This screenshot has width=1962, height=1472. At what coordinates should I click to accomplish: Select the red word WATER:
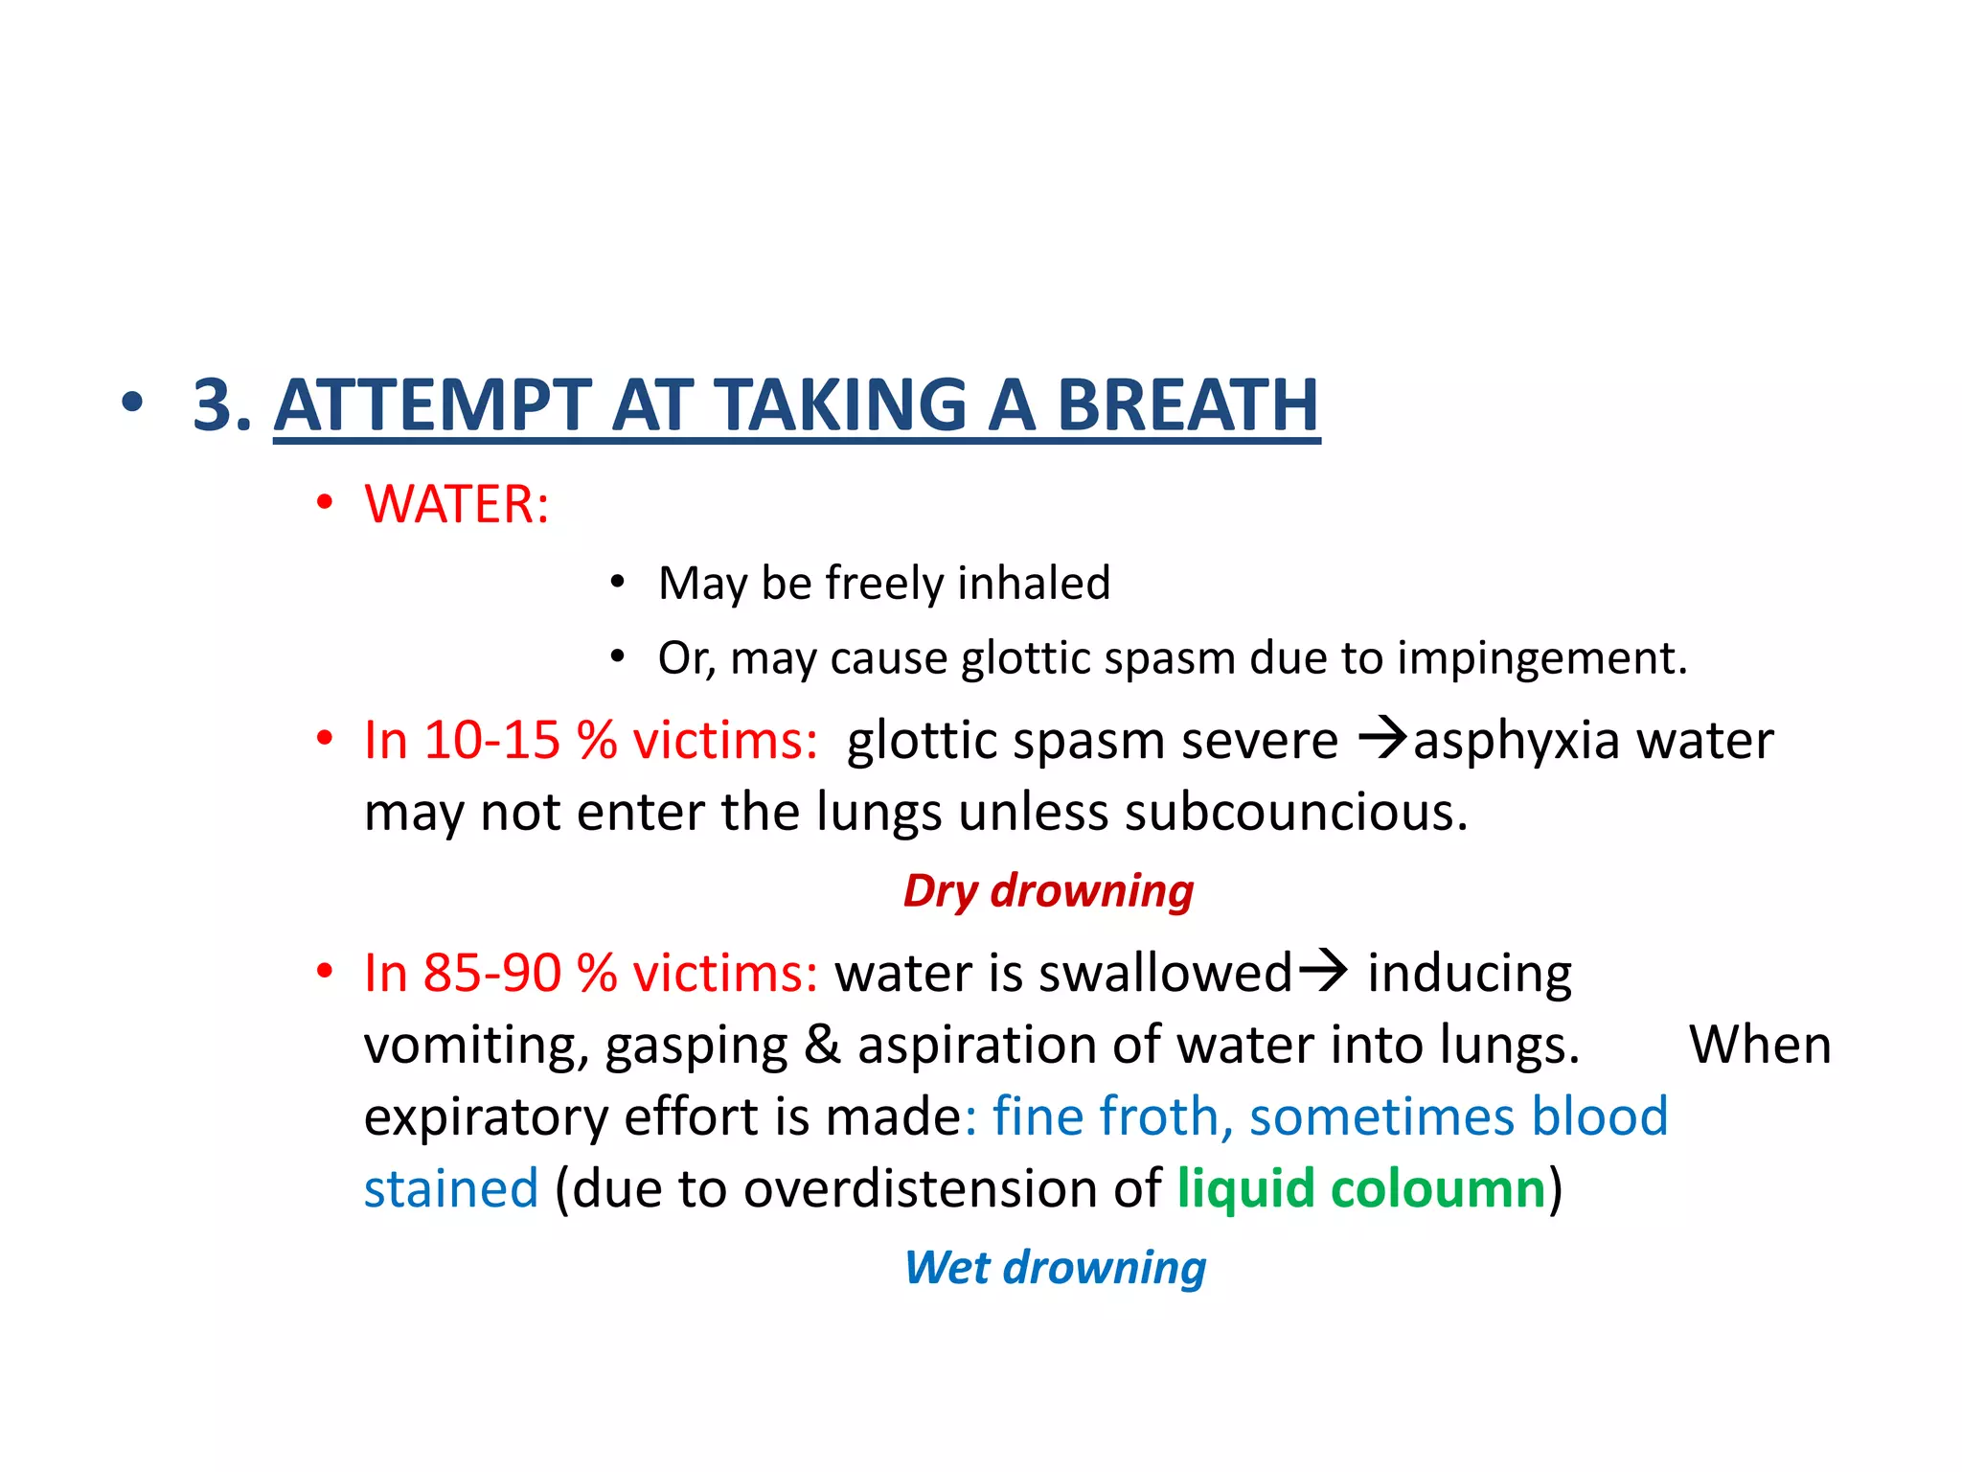click(x=457, y=504)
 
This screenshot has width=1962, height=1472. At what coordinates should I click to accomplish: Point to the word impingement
click(x=1541, y=658)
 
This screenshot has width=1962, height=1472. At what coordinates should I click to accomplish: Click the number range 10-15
click(x=491, y=740)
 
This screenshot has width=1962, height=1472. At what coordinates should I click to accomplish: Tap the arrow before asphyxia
click(x=1383, y=739)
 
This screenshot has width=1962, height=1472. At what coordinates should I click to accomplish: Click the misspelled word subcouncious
click(x=1295, y=812)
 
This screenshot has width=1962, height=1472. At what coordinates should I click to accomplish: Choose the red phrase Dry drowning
click(x=1048, y=890)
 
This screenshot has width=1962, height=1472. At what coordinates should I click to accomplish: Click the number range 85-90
click(x=491, y=973)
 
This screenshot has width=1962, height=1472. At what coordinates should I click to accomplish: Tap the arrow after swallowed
click(x=1323, y=971)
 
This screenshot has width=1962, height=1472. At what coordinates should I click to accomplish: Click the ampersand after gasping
click(x=822, y=1045)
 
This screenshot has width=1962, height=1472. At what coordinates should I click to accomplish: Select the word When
click(x=1760, y=1045)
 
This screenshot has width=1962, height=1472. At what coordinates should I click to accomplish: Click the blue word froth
click(x=1157, y=1116)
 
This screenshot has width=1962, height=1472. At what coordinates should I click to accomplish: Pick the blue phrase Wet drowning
click(x=1055, y=1267)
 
